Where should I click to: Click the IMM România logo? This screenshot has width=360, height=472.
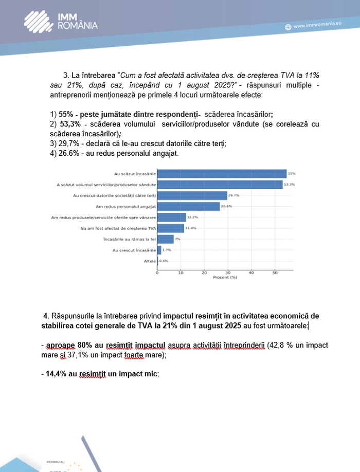click(x=61, y=21)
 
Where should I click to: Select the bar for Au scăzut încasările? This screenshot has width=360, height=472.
click(x=222, y=174)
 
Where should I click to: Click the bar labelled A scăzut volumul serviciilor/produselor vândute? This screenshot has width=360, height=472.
click(x=220, y=185)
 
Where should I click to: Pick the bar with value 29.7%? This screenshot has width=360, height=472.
click(x=192, y=195)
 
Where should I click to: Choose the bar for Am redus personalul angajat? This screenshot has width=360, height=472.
click(x=188, y=206)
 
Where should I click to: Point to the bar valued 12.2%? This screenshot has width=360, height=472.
click(x=171, y=217)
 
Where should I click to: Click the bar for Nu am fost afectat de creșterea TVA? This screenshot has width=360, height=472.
click(x=170, y=228)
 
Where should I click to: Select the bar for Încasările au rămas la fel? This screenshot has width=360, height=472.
click(x=165, y=239)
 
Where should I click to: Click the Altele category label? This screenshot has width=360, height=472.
click(x=149, y=261)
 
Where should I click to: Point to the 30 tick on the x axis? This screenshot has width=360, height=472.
click(x=228, y=273)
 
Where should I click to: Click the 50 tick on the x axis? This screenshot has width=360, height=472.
click(x=275, y=273)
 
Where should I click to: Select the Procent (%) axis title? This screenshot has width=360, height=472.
click(x=225, y=278)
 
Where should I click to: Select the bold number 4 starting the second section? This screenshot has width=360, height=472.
click(x=46, y=315)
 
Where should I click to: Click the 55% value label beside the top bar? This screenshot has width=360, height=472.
click(x=292, y=174)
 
